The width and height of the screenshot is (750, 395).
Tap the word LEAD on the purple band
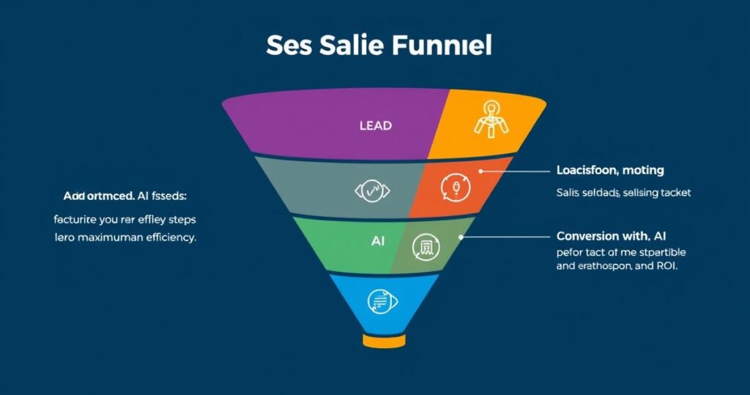pos(375,125)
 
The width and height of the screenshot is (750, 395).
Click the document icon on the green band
pos(426,246)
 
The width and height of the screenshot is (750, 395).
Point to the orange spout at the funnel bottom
pos(383,341)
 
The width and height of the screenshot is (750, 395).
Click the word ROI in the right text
pos(664,266)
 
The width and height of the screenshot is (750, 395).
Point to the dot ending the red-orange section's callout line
pos(481,171)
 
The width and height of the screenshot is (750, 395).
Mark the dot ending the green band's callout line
pos(461,237)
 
